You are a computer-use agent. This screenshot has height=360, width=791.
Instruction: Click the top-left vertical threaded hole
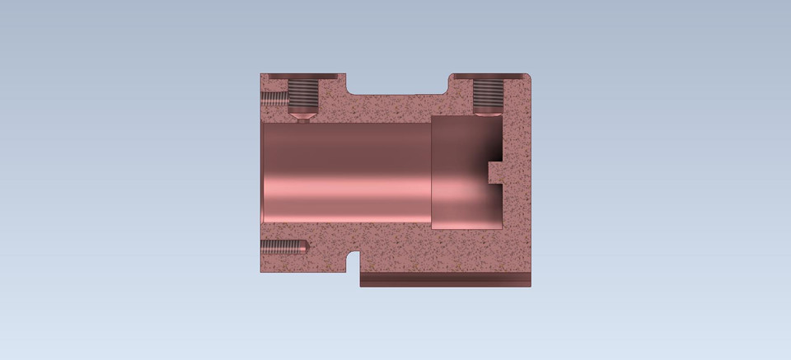pyautogui.click(x=303, y=96)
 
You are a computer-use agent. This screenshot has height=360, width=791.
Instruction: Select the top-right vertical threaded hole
pyautogui.click(x=488, y=96)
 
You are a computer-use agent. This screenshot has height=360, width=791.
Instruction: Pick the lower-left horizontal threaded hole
pyautogui.click(x=282, y=246)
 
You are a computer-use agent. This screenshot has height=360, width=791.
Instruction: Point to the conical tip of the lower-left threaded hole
pyautogui.click(x=305, y=246)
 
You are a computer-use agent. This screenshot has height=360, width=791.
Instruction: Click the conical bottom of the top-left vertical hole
pyautogui.click(x=303, y=117)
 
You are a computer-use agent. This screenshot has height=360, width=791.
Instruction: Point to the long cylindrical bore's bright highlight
pyautogui.click(x=346, y=177)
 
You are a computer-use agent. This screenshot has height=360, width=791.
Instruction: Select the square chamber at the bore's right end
pyautogui.click(x=466, y=173)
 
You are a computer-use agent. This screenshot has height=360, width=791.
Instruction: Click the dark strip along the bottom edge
pyautogui.click(x=445, y=280)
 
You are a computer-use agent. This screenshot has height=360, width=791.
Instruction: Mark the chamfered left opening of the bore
pyautogui.click(x=261, y=172)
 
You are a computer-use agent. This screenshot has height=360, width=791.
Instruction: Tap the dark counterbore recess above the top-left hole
pyautogui.click(x=303, y=77)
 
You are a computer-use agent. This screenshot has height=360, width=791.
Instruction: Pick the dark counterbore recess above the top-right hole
pyautogui.click(x=488, y=77)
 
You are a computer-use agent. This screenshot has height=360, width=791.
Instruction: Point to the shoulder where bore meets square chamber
pyautogui.click(x=431, y=172)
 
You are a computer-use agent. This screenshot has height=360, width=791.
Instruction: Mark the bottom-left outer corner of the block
pyautogui.click(x=260, y=271)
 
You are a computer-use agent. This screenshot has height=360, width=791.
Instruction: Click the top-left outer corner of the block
pyautogui.click(x=260, y=74)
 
